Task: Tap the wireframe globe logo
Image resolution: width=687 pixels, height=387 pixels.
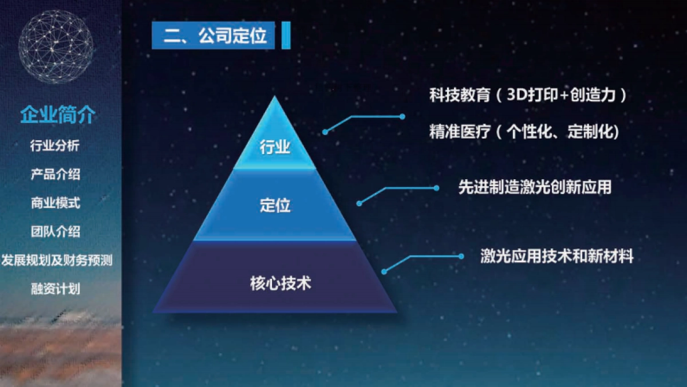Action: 56,47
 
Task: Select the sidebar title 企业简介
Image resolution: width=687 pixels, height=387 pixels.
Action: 57,115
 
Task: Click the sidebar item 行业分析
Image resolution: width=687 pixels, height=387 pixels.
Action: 55,146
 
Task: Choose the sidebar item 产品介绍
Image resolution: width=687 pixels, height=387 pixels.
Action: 55,175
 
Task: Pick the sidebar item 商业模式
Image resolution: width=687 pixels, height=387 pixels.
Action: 55,203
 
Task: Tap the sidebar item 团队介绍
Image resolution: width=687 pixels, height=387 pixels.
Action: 55,232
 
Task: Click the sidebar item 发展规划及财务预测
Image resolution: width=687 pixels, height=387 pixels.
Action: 57,260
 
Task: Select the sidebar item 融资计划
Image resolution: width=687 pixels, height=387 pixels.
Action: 55,289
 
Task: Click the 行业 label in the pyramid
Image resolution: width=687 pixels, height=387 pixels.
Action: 275,148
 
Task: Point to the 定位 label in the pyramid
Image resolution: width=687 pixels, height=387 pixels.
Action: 275,205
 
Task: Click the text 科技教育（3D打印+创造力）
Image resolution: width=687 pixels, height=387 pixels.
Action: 527,95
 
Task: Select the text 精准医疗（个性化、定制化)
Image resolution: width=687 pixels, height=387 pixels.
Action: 524,132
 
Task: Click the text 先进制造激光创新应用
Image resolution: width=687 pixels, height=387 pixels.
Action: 535,187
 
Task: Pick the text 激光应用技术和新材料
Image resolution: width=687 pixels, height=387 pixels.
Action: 557,256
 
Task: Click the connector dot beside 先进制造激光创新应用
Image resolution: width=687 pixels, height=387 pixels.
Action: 436,188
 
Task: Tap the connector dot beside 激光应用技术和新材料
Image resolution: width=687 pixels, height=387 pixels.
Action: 461,256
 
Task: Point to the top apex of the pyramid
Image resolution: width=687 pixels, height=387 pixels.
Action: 275,97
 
